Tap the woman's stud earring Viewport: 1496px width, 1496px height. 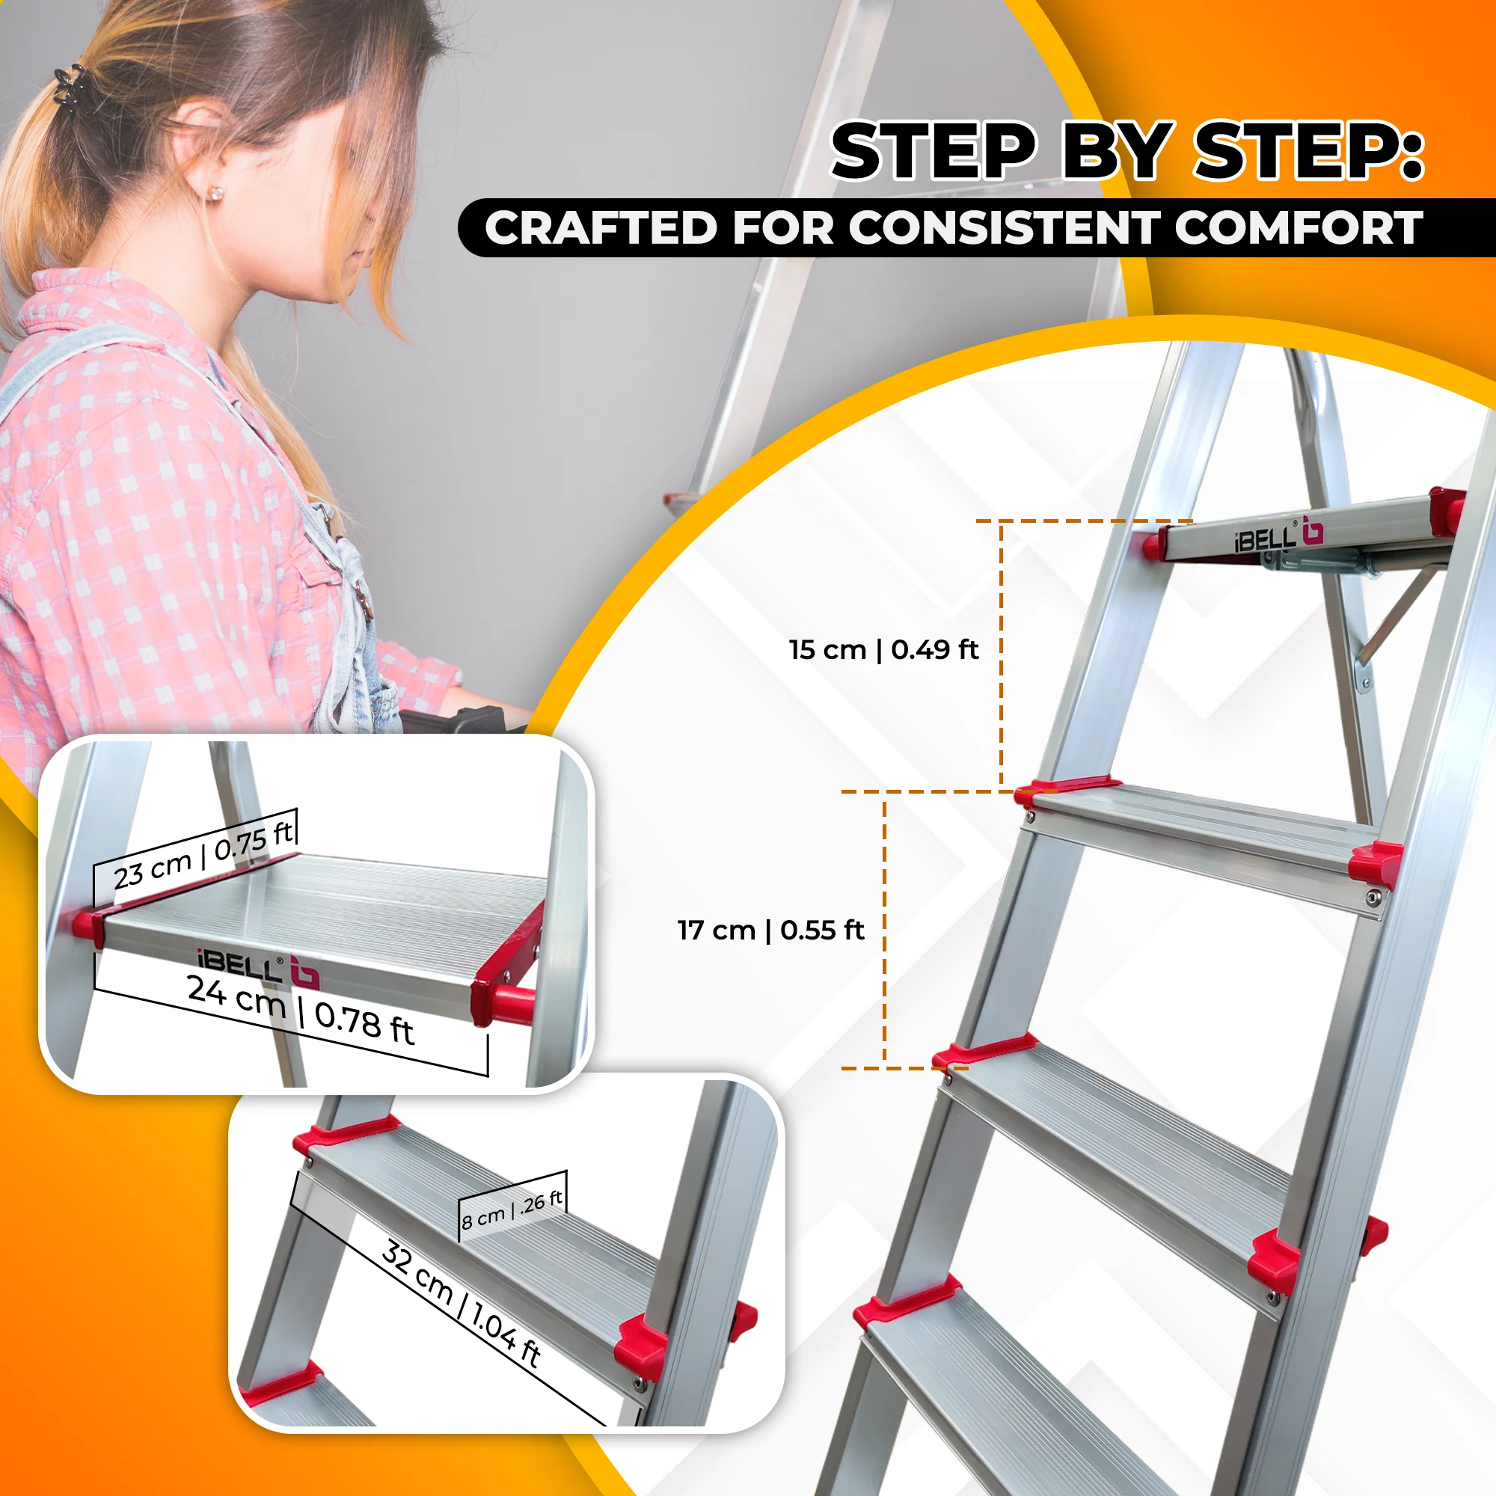(x=215, y=192)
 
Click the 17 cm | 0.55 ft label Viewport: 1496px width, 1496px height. (x=770, y=930)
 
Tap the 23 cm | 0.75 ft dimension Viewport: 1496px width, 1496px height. (x=203, y=856)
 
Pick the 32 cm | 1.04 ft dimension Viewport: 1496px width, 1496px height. (x=461, y=1303)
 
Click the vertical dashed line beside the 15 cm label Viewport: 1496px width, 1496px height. (x=1002, y=656)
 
